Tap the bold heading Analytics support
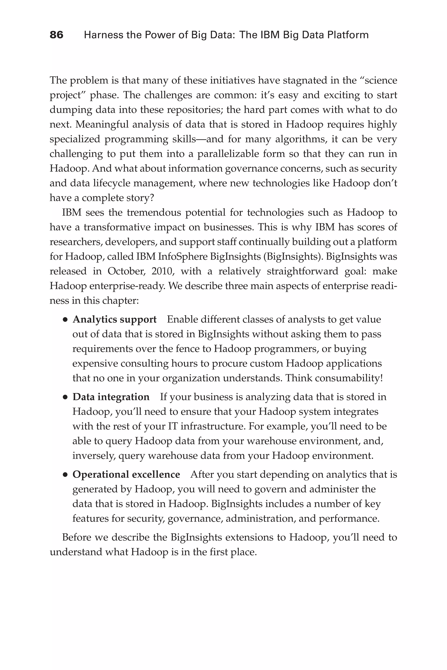point(114,320)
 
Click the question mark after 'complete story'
point(151,198)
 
